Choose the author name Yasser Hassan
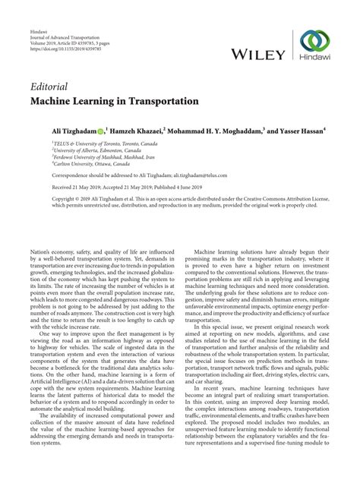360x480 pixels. coord(295,131)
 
